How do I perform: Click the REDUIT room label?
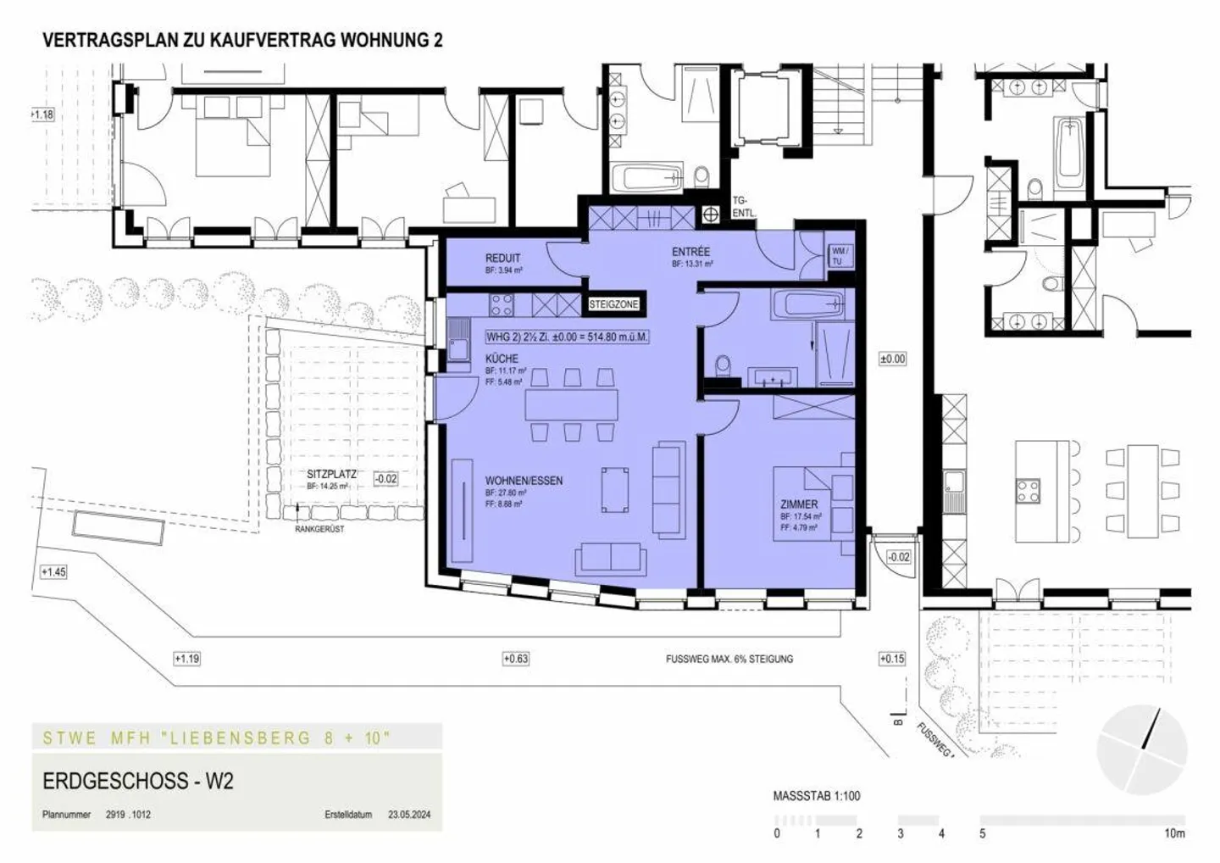click(x=502, y=258)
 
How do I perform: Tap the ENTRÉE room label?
click(x=690, y=252)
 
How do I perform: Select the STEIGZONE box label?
click(x=614, y=304)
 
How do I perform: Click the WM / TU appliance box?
click(x=840, y=256)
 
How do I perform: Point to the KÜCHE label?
click(x=502, y=359)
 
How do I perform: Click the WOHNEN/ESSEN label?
click(x=524, y=481)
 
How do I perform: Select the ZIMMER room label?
click(x=799, y=504)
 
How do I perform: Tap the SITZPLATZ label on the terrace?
click(x=331, y=475)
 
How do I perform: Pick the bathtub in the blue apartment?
click(x=808, y=303)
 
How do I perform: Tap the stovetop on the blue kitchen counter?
click(x=501, y=303)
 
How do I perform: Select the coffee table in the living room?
click(x=614, y=489)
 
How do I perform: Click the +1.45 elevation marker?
click(x=53, y=572)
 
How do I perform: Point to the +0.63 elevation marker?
click(x=515, y=659)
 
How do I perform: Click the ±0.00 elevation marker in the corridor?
click(x=892, y=359)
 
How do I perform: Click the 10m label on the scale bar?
click(x=1173, y=833)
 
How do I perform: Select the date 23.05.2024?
click(x=409, y=815)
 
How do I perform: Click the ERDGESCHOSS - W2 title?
click(x=137, y=781)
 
